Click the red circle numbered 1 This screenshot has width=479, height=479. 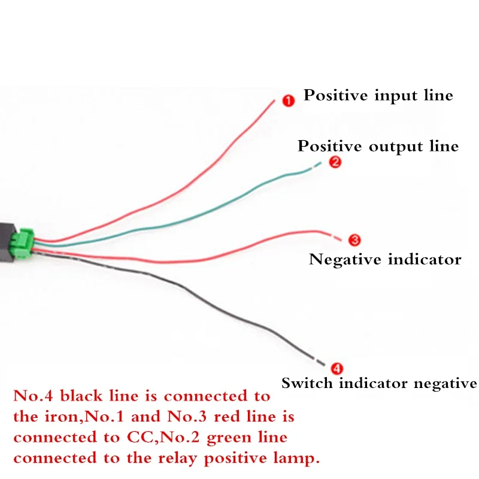(x=288, y=101)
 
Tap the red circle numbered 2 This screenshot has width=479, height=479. (x=335, y=162)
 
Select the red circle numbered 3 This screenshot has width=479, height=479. (x=354, y=240)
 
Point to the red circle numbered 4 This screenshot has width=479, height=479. (x=336, y=369)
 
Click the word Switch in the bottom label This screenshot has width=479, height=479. (x=307, y=383)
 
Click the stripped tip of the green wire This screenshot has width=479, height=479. (x=317, y=165)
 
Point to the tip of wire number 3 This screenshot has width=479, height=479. (x=336, y=238)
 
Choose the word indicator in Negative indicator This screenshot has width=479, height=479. (x=425, y=260)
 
